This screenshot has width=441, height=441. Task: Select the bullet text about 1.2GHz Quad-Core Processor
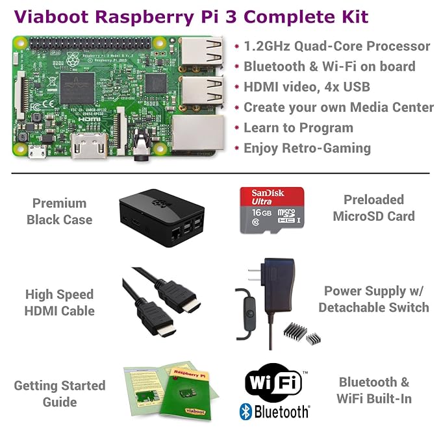[336, 46]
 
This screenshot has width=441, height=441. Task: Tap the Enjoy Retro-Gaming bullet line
[307, 148]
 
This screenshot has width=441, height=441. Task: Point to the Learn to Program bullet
[298, 128]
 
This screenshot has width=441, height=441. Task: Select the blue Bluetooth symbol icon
[246, 411]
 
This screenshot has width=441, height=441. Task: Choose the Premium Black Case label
[59, 211]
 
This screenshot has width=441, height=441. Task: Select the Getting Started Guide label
[59, 394]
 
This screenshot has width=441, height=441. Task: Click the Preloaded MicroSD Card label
[373, 208]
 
